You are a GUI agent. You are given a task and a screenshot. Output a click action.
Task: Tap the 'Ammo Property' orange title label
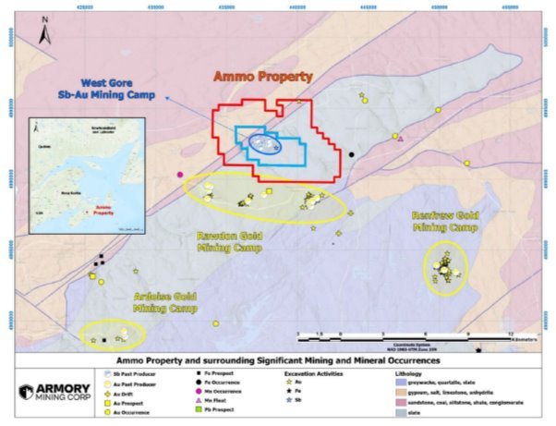point(263,77)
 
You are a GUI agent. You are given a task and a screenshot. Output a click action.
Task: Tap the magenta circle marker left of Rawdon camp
point(180,174)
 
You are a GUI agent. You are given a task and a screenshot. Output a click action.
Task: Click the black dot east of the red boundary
point(351,154)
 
